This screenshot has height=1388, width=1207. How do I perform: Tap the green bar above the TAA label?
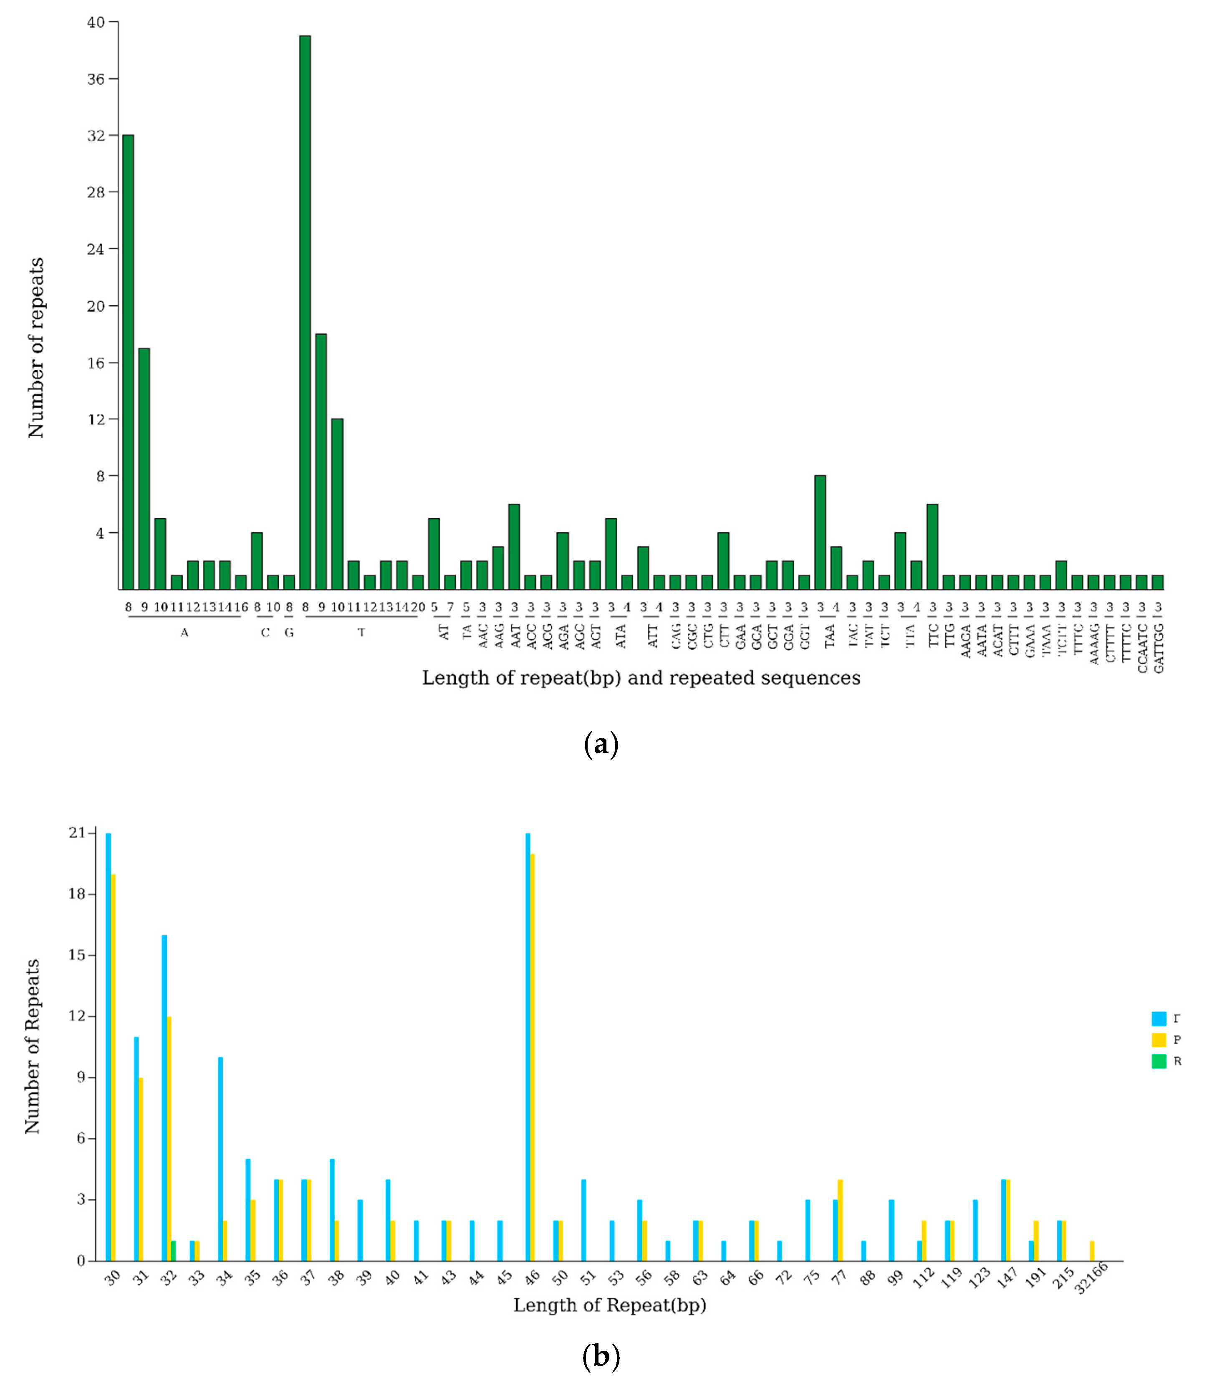820,532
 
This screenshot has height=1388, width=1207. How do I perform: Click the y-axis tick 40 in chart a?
96,22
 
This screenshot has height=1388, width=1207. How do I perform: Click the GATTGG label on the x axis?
1159,648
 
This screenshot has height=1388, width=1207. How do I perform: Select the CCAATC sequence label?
1142,648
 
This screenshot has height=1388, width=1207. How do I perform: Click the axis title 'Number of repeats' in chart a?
36,348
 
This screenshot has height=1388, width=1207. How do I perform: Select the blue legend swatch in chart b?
1159,1018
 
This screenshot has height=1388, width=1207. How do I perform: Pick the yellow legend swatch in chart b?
1159,1040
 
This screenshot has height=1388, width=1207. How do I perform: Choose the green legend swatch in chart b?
1159,1061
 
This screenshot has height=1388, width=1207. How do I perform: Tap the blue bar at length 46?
528,1047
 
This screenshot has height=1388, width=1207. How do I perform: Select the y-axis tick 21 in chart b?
78,833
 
